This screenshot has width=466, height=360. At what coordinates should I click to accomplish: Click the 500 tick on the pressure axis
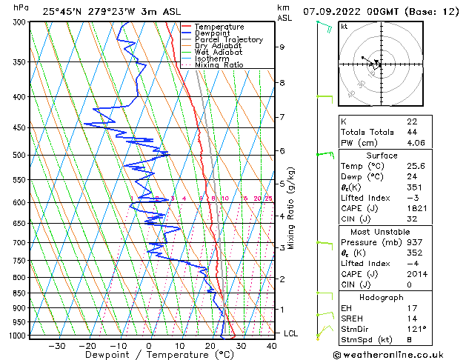[x=16, y=155]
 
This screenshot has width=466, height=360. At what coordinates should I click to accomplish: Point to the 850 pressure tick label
[x=16, y=293]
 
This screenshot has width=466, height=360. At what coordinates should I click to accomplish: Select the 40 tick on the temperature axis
[x=272, y=345]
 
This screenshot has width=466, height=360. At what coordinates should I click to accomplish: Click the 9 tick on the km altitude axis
[x=282, y=47]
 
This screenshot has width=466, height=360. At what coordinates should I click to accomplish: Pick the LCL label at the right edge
[x=291, y=333]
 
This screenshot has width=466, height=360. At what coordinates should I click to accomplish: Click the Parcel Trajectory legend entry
[x=229, y=39]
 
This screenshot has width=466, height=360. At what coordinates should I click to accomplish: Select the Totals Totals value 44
[x=412, y=132]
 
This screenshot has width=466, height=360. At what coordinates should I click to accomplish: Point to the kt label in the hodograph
[x=344, y=27]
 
